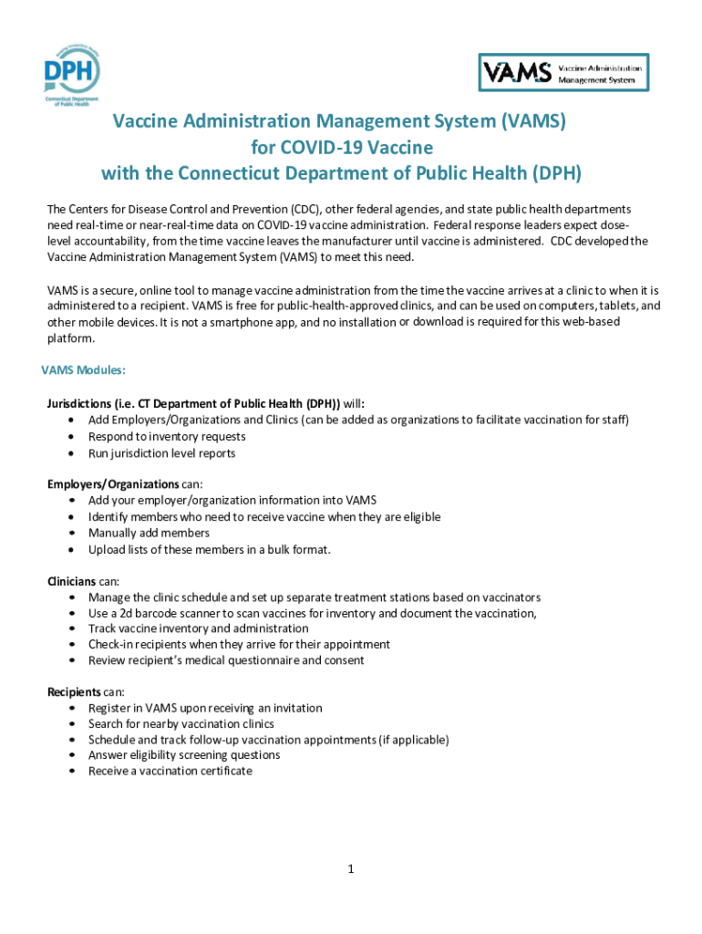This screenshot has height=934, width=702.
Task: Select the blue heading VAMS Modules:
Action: (83, 370)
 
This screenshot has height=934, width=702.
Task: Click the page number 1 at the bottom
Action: (350, 869)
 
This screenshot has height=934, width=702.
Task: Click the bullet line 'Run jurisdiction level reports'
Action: (161, 453)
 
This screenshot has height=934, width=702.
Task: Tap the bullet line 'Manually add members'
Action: (149, 533)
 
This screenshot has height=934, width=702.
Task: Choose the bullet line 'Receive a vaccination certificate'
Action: (170, 771)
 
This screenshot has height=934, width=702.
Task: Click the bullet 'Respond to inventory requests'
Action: (167, 437)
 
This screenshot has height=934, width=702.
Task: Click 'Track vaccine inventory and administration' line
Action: (198, 628)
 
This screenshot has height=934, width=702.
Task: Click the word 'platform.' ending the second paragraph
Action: (70, 337)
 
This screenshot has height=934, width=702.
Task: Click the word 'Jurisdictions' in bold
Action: (83, 403)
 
